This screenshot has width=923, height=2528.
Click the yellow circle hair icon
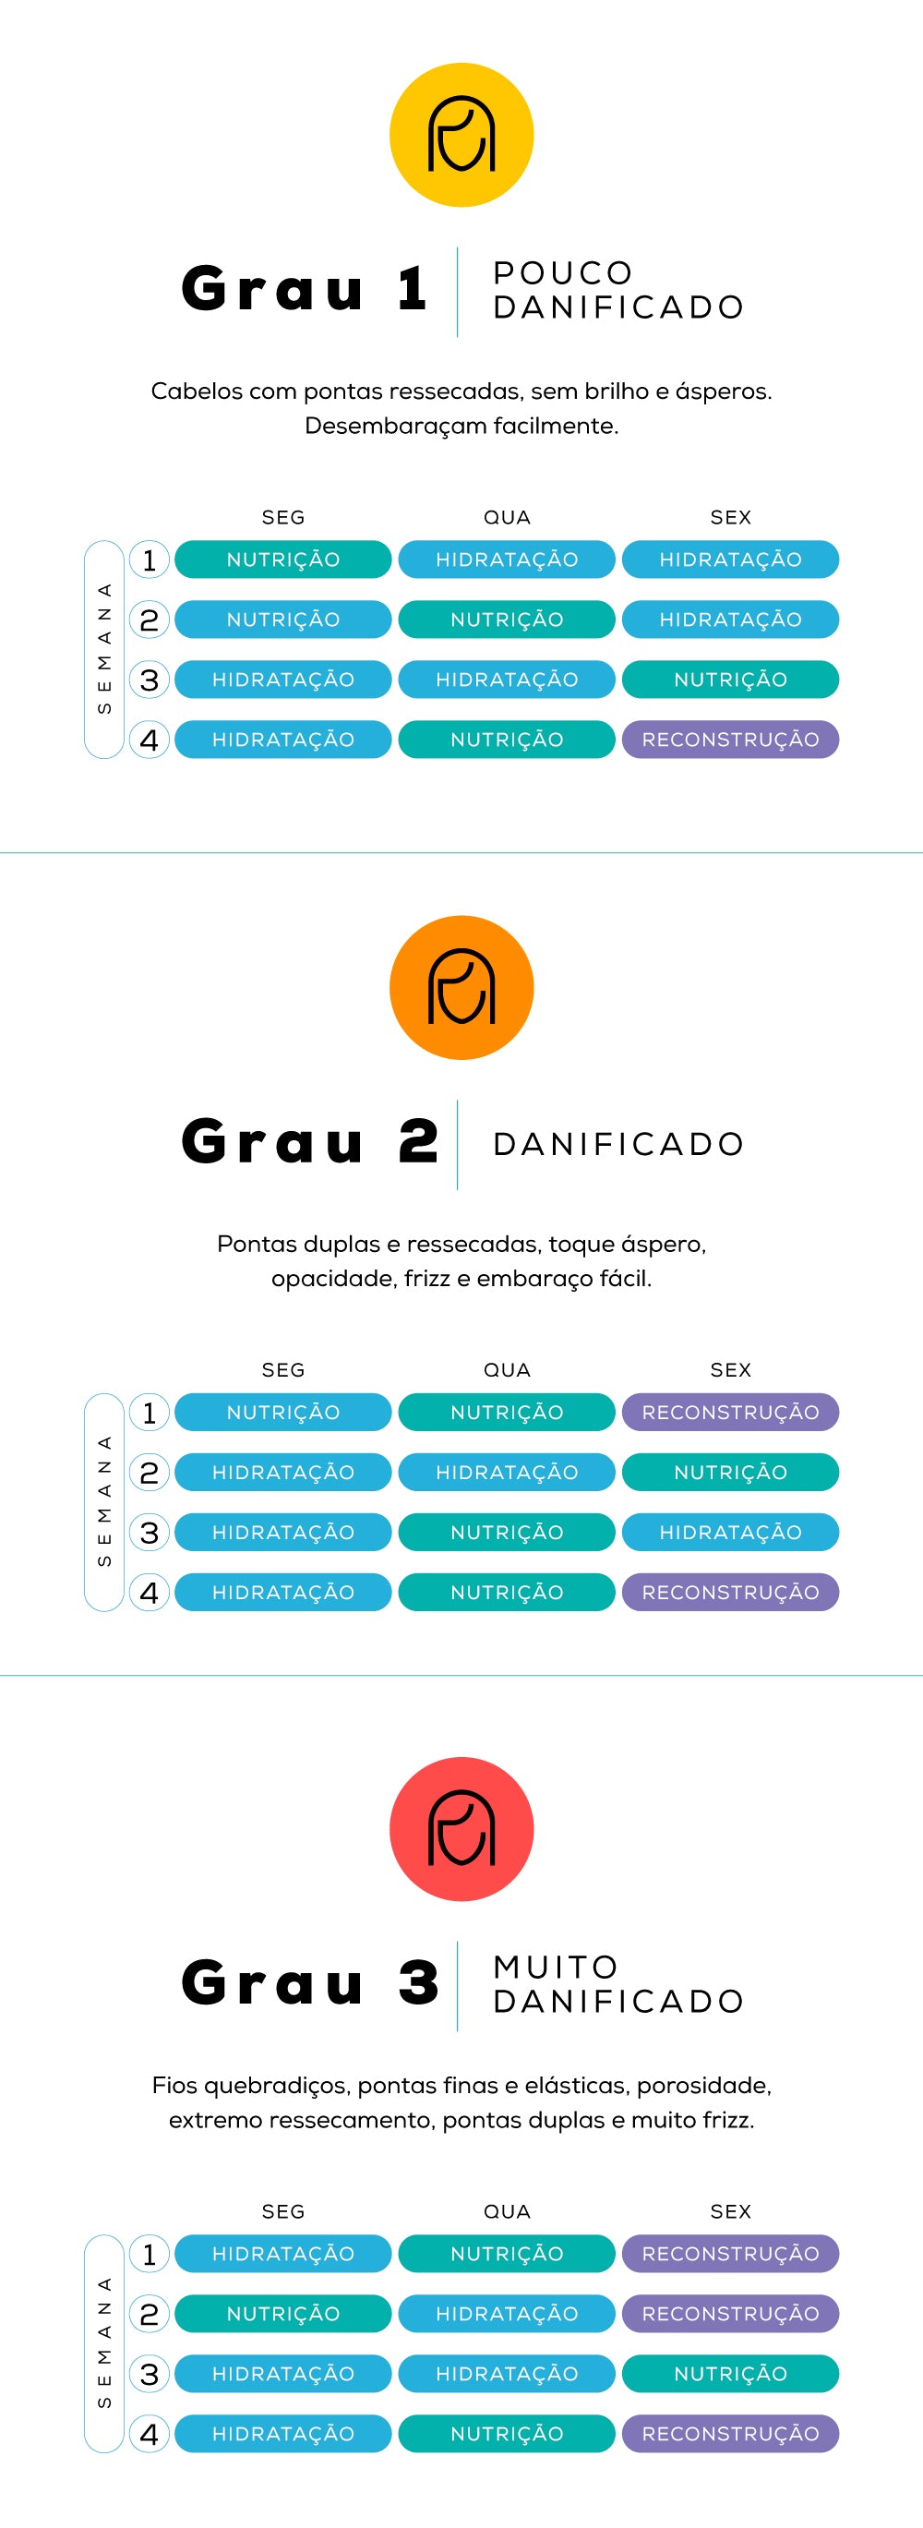point(461,136)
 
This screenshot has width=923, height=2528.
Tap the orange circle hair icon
point(461,987)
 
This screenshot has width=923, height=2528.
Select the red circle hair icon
point(461,1828)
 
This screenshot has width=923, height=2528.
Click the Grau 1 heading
point(304,290)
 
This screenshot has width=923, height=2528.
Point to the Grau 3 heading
point(309,1983)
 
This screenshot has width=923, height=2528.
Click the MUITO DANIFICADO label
point(618,1984)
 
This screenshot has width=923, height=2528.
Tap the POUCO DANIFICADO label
point(618,290)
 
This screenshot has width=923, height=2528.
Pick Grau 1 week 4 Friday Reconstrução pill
point(730,740)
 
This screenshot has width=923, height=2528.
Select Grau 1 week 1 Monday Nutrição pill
point(282,560)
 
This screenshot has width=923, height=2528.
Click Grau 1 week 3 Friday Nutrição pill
point(730,680)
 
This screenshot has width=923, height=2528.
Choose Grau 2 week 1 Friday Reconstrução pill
point(730,1412)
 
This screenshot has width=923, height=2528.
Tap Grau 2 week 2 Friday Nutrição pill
point(730,1472)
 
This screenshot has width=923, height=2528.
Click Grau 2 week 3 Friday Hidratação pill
point(730,1532)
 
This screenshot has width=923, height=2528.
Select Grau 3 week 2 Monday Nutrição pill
point(282,2313)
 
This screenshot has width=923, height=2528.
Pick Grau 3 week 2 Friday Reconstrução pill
point(730,2313)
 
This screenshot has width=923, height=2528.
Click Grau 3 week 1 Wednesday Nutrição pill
point(506,2253)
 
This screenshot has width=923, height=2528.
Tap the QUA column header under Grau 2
point(506,1370)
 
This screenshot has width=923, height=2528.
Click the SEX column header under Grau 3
point(730,2211)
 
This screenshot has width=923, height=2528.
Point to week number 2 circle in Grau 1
point(150,620)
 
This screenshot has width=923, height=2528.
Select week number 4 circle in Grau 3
point(150,2434)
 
